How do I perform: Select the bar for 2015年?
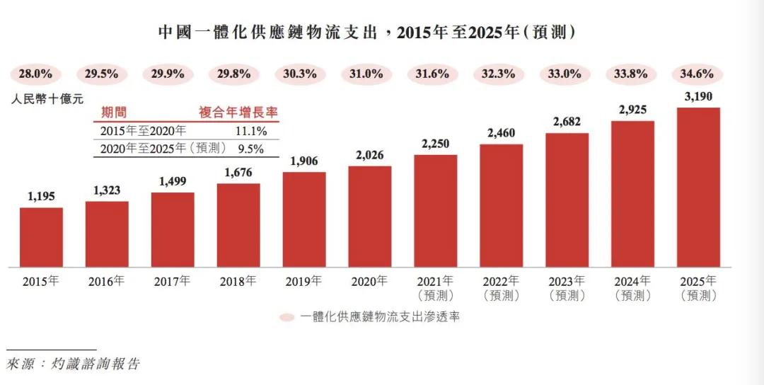tap(41, 238)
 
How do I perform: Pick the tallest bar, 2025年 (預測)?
tap(698, 188)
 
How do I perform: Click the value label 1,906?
tap(303, 161)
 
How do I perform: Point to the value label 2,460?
tap(501, 133)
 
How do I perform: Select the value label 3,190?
tap(698, 96)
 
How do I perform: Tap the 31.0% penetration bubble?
tap(369, 74)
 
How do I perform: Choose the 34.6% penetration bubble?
tap(698, 74)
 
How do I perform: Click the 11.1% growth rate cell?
tap(251, 131)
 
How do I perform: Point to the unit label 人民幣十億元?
tap(47, 100)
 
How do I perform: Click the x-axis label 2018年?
tap(238, 281)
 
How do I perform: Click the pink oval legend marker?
tap(286, 318)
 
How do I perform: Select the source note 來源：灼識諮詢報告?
tap(73, 364)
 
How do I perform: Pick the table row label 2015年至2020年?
tap(144, 131)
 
